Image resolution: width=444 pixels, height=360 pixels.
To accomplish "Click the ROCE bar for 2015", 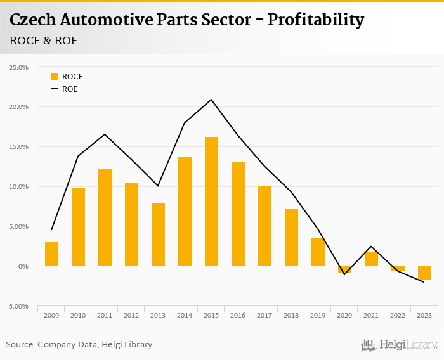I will [211, 202].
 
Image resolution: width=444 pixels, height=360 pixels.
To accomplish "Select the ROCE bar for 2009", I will [51, 254].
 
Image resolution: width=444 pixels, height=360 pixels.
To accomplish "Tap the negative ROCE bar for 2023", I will [424, 273].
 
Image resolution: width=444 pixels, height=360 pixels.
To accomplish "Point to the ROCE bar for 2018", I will [291, 238].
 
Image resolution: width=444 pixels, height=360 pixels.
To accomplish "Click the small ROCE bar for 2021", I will [371, 259].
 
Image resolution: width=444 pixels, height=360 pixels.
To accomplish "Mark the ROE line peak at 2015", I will [211, 100].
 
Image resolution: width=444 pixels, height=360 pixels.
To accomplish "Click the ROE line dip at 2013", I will [158, 186].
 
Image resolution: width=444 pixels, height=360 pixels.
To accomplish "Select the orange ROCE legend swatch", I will [55, 77].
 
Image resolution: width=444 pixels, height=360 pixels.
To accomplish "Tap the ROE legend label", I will [70, 89].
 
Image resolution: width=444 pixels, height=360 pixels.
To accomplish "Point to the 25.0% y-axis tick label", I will [18, 67].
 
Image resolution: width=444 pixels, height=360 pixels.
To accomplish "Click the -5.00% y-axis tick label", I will [18, 306].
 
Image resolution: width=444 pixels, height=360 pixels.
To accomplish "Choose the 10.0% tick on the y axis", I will [18, 187].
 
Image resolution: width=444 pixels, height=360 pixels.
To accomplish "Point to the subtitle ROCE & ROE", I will [44, 41].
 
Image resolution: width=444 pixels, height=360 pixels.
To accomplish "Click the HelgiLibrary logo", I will [400, 345].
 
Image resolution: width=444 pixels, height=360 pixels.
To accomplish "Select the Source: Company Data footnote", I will [79, 345].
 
